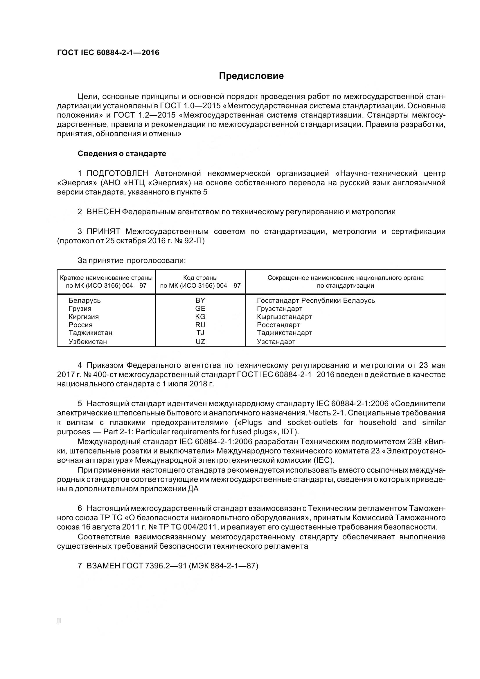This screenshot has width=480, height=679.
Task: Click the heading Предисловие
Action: pyautogui.click(x=251, y=76)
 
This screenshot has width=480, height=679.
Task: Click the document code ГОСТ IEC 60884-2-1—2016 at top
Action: pyautogui.click(x=108, y=53)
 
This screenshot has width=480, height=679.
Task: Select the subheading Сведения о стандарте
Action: pyautogui.click(x=122, y=154)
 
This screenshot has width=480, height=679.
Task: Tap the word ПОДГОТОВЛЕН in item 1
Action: pyautogui.click(x=118, y=173)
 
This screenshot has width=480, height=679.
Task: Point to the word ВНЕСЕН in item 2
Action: pyautogui.click(x=103, y=212)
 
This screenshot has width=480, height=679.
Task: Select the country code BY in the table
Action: pyautogui.click(x=200, y=300)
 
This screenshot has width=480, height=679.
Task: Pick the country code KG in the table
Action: pyautogui.click(x=200, y=317)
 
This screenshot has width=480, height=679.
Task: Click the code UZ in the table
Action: pyautogui.click(x=200, y=342)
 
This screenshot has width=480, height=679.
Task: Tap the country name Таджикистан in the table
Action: pyautogui.click(x=91, y=333)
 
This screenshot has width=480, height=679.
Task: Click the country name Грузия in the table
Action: pyautogui.click(x=80, y=309)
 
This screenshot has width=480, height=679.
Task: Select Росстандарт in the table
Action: pyautogui.click(x=278, y=325)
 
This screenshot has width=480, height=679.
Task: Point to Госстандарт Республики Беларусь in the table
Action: pyautogui.click(x=316, y=300)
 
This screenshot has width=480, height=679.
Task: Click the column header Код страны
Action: pyautogui.click(x=200, y=278)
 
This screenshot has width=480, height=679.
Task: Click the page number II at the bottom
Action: pyautogui.click(x=59, y=621)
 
